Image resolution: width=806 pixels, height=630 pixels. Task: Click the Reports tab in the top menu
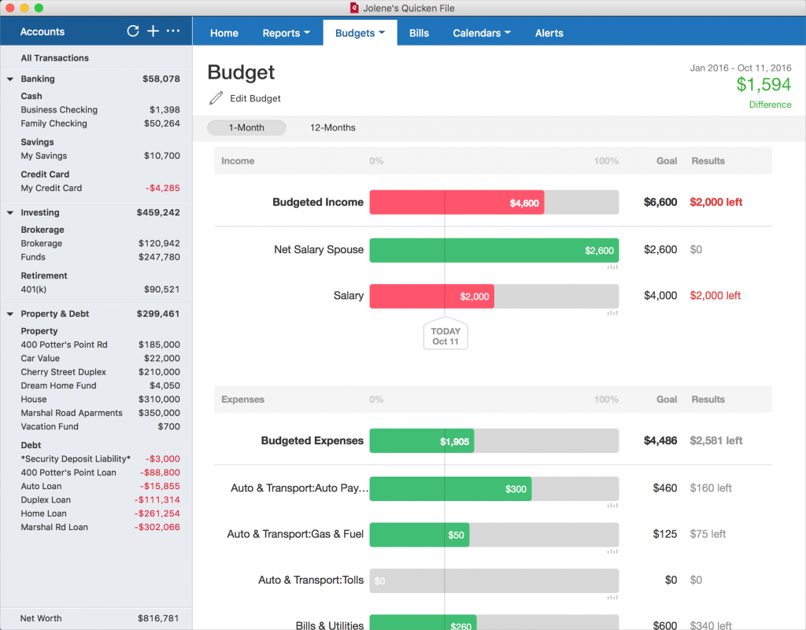click(x=287, y=33)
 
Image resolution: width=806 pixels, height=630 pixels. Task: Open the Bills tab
click(x=419, y=33)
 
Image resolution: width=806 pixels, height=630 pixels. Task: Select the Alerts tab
click(x=549, y=33)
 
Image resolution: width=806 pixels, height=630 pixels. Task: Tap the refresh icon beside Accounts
click(x=132, y=31)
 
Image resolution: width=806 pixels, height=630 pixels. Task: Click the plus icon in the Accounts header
click(x=153, y=31)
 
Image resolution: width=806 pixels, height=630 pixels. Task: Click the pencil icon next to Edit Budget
click(x=216, y=98)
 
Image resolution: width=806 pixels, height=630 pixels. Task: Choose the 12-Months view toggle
click(x=333, y=127)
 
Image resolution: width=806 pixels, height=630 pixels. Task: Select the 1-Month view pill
click(x=246, y=127)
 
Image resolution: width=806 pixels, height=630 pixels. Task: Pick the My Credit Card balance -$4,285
click(x=162, y=188)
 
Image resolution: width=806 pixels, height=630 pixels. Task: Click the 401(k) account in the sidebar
click(x=33, y=289)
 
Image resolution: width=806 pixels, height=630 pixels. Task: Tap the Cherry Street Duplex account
click(x=63, y=372)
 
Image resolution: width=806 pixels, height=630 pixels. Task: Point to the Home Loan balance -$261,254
click(x=157, y=514)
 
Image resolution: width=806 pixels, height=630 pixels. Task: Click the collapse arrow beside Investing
click(x=9, y=212)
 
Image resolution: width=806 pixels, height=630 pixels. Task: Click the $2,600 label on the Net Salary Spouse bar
click(x=599, y=251)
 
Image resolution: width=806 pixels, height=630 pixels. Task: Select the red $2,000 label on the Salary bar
click(x=475, y=297)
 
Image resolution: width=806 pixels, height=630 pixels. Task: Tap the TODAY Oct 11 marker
click(x=446, y=335)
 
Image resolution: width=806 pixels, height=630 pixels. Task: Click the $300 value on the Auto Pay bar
click(x=516, y=488)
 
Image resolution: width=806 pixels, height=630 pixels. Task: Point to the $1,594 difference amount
click(x=763, y=84)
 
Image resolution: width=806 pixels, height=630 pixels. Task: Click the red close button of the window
click(x=9, y=8)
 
